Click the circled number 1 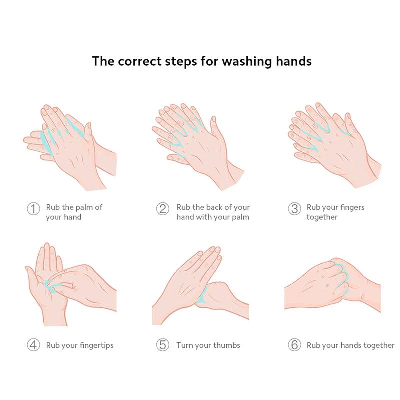click(x=33, y=209)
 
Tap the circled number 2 click(x=163, y=209)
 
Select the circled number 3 click(x=294, y=209)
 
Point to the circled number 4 click(x=33, y=345)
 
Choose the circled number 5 click(x=163, y=345)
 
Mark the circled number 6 click(x=294, y=345)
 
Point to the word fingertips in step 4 click(x=96, y=345)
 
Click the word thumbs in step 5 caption click(x=227, y=345)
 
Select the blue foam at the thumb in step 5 click(x=203, y=296)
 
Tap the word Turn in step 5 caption click(x=184, y=345)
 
